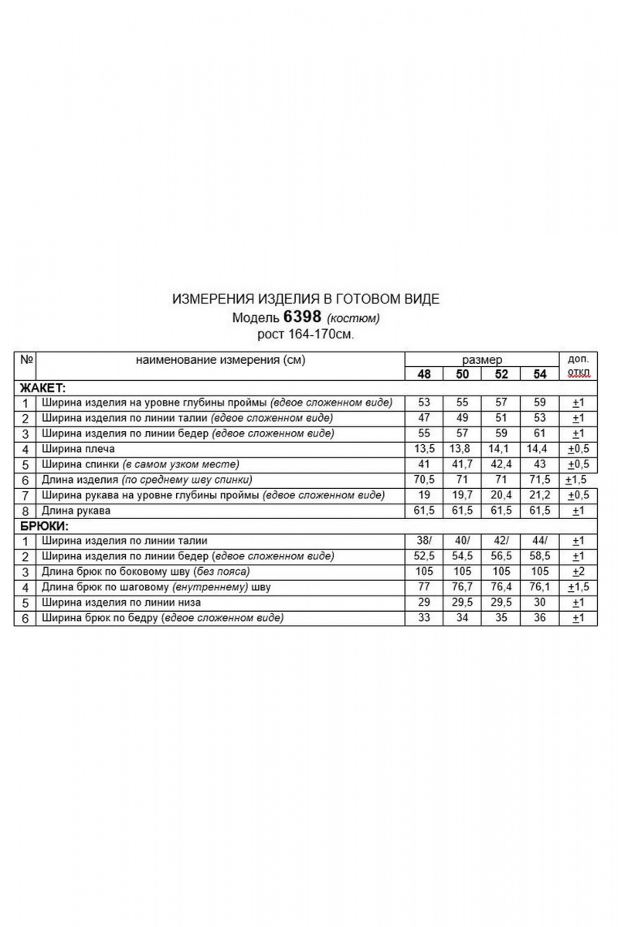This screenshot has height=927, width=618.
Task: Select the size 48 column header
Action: [x=423, y=374]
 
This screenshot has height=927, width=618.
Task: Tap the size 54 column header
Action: [x=539, y=374]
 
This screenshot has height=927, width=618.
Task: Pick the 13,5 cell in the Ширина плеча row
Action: [x=423, y=449]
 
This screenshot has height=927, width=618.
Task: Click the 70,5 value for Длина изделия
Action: [x=423, y=480]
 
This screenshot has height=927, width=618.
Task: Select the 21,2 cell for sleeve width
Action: [x=539, y=495]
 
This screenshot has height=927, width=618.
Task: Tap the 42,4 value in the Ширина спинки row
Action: [x=501, y=464]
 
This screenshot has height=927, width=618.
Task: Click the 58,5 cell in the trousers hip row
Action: [x=539, y=556]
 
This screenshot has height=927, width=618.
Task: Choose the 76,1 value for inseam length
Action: [x=539, y=587]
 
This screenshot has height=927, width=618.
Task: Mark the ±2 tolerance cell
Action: [x=576, y=572]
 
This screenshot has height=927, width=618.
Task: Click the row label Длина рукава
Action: [x=76, y=511]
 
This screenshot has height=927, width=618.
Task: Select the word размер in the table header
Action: [x=482, y=360]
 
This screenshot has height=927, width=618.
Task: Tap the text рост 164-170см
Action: [x=308, y=334]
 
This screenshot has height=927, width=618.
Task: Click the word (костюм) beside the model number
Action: [x=354, y=318]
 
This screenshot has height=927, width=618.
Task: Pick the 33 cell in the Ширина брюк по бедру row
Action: [x=423, y=618]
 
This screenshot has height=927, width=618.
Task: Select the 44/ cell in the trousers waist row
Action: [x=539, y=541]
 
